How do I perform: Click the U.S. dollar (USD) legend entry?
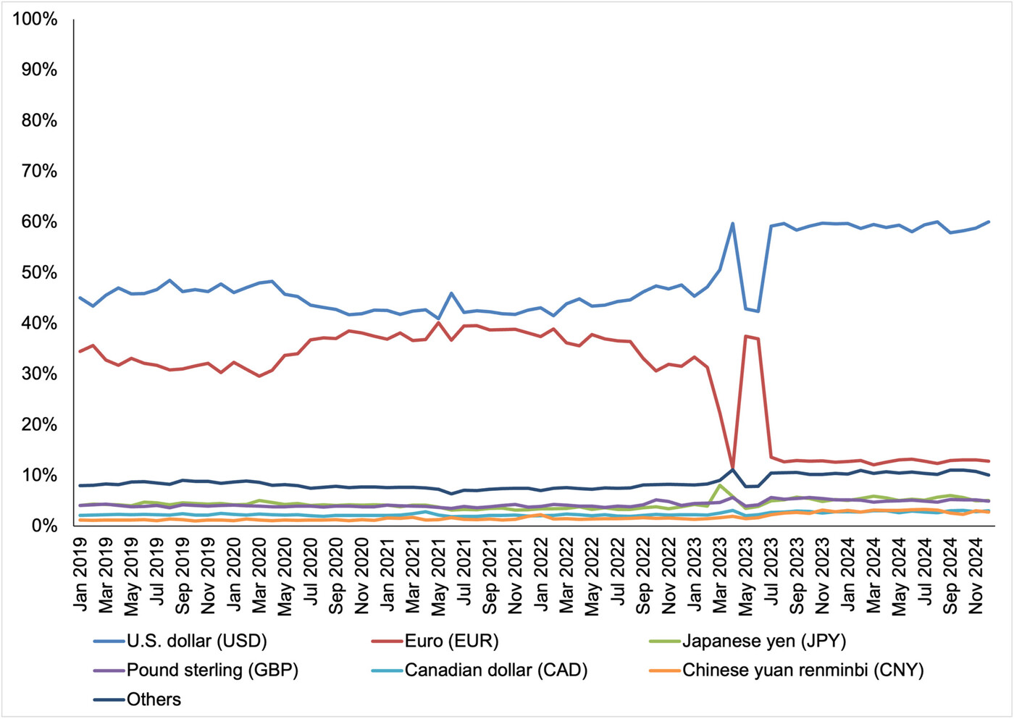tap(196, 641)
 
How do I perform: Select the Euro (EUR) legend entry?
tap(451, 641)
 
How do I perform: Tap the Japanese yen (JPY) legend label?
tap(763, 641)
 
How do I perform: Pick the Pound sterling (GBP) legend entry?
tap(211, 670)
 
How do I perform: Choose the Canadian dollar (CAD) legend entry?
tap(495, 670)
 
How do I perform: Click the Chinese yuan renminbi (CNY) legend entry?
tap(803, 670)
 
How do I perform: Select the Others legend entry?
tap(154, 699)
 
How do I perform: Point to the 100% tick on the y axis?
tap(35, 20)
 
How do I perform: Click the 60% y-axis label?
tap(39, 222)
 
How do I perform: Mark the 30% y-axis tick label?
tap(39, 374)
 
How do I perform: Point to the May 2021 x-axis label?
tap(439, 576)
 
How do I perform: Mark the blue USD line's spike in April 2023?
tap(733, 223)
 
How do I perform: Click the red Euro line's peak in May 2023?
tap(745, 336)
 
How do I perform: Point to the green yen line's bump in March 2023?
tap(720, 485)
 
